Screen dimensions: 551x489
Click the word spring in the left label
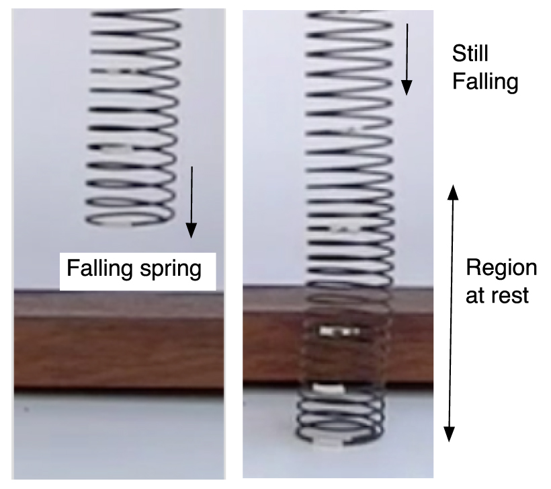coord(171,270)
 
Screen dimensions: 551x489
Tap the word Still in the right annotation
coord(470,53)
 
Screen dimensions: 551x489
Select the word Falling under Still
coord(485,82)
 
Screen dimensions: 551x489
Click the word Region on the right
coord(501,269)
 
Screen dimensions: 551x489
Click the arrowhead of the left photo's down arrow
coord(191,231)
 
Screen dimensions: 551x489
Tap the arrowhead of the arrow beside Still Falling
coord(407,87)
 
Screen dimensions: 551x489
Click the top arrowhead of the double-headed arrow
coord(453,192)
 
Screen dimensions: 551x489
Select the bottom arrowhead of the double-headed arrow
coord(450,434)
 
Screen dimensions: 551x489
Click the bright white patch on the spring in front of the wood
coord(339,331)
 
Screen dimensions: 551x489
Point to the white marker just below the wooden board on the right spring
coord(329,389)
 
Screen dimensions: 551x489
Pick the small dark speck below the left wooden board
coord(26,409)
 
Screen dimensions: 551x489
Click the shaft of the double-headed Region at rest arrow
coord(451,313)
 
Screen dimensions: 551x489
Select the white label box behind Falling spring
coord(138,271)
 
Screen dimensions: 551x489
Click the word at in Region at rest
coord(479,296)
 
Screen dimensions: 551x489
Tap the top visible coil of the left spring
coord(136,15)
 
